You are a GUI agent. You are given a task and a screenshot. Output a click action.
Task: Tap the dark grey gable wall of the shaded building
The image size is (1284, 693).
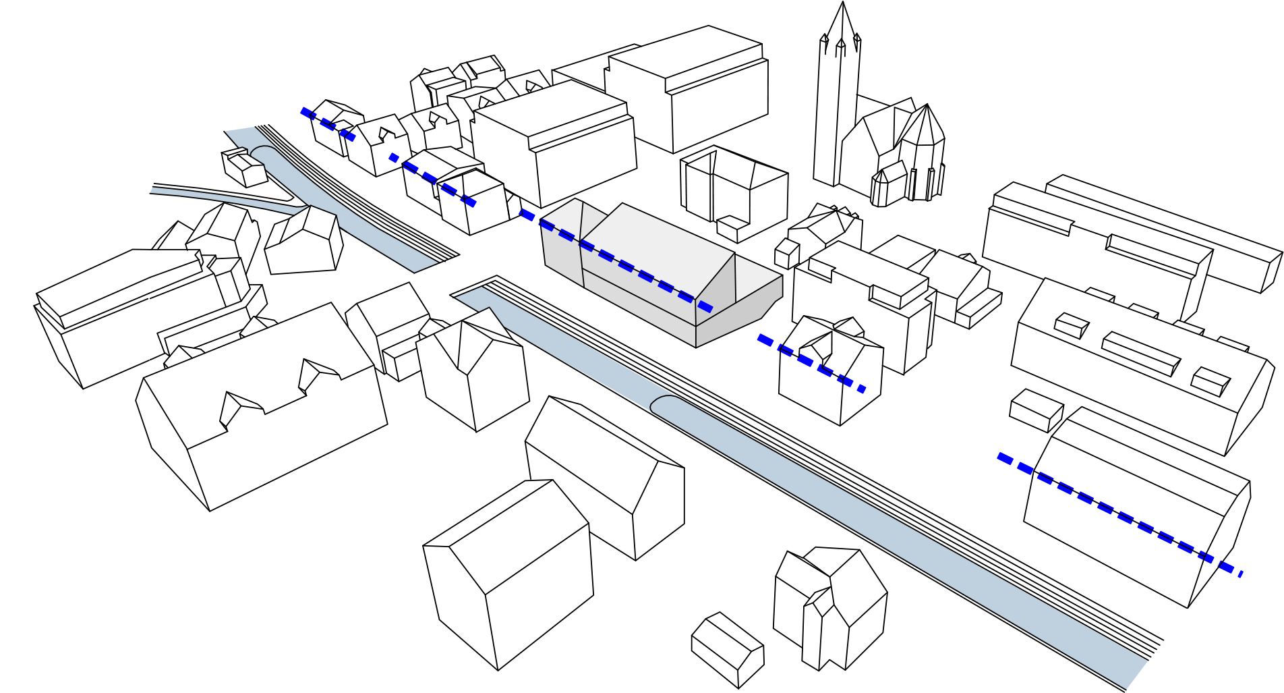(715, 283)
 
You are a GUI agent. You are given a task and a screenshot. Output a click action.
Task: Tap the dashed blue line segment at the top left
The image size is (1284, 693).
(328, 124)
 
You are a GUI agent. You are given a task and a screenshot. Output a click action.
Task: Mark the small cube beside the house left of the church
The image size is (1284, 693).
(786, 254)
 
